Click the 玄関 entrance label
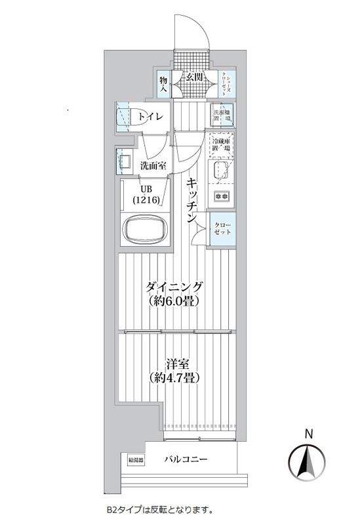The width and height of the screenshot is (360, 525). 193,76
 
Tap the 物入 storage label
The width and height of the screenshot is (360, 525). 163,83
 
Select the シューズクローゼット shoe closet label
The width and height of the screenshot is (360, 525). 224,83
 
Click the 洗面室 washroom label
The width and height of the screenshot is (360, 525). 152,165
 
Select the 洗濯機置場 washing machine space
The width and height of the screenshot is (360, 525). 224,116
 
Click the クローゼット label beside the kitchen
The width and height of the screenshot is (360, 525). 222,230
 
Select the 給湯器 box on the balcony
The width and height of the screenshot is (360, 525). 136,460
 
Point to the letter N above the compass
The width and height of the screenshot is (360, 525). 308,432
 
